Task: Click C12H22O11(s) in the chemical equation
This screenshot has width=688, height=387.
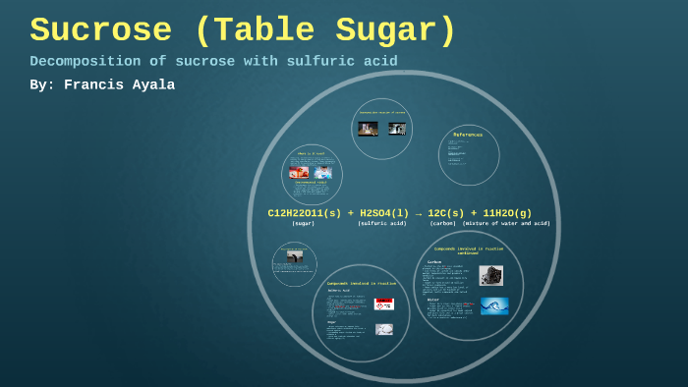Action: (305, 212)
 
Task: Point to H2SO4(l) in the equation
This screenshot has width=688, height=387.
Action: (384, 212)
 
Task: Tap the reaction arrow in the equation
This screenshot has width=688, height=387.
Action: (418, 212)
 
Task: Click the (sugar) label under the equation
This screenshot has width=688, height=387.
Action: (303, 224)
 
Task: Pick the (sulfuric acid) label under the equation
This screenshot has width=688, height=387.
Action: (381, 224)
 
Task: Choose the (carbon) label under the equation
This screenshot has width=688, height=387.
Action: (442, 224)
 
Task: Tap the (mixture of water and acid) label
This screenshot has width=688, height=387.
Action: (506, 224)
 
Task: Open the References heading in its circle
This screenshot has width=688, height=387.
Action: (468, 135)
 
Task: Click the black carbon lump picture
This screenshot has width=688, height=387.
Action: (491, 275)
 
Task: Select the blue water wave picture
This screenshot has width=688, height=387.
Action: (493, 305)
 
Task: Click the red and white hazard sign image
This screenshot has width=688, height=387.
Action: (384, 304)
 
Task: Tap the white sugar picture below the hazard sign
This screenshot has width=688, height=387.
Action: (384, 329)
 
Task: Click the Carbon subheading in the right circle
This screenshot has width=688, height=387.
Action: (434, 262)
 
